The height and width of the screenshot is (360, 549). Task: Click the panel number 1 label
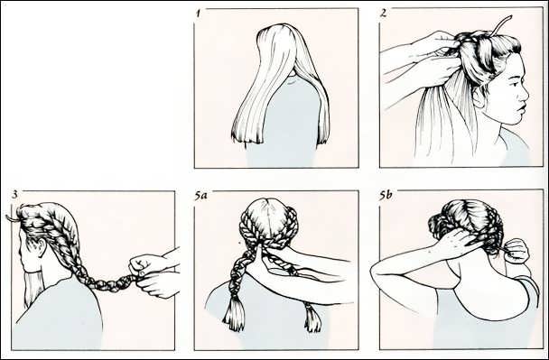coord(199,14)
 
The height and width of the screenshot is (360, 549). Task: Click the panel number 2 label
coord(383,14)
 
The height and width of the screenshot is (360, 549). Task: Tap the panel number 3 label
coord(14,195)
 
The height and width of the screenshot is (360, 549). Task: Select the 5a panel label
coord(200,196)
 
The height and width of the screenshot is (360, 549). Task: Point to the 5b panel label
coord(386,195)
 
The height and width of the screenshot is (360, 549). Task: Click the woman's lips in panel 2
coord(522,109)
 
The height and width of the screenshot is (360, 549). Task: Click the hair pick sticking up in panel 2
coord(501,25)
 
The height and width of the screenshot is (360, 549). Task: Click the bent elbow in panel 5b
coord(377,274)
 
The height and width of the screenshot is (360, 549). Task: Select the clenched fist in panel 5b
coord(516,250)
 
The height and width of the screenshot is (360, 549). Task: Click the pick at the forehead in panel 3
coord(12,218)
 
